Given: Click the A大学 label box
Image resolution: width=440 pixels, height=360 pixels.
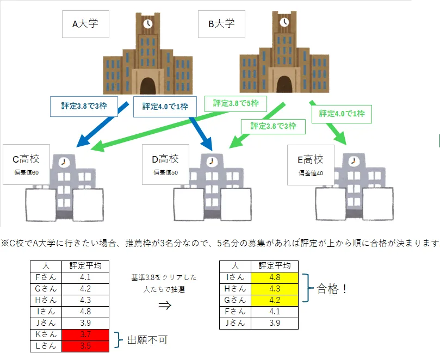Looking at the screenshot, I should (85, 24).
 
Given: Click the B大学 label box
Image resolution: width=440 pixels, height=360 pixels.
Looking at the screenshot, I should (221, 24).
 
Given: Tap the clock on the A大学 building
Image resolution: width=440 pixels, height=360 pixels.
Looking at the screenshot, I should (147, 24).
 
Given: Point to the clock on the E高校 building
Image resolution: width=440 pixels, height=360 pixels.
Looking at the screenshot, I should (354, 161).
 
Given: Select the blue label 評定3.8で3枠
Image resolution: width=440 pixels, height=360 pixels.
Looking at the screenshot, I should (84, 106).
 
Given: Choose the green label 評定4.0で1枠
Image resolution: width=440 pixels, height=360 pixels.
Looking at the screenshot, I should (342, 114).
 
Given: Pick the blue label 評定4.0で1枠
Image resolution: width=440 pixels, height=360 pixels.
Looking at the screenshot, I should (165, 107).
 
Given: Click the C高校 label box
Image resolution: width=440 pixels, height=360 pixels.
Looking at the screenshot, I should (26, 163).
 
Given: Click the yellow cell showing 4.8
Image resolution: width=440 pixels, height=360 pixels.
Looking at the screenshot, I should (275, 277).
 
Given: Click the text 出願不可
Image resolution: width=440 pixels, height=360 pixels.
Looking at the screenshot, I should (147, 340).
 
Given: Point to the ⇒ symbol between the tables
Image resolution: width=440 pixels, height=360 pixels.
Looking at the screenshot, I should (164, 305).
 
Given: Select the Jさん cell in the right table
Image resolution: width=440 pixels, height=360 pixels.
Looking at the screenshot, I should (235, 324).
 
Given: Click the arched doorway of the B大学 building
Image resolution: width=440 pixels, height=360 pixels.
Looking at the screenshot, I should (284, 85).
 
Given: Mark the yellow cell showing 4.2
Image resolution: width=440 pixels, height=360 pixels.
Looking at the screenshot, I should (275, 300).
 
